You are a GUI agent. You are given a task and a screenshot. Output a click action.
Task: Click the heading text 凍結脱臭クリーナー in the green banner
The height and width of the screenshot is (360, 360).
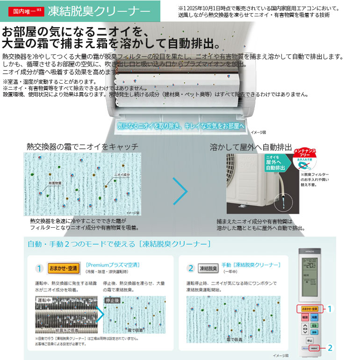(x=95, y=11)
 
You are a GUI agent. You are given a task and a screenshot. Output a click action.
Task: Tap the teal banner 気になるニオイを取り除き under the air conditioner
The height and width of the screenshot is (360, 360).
(x=180, y=126)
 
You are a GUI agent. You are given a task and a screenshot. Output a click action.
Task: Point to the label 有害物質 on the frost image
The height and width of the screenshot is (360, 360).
(x=55, y=184)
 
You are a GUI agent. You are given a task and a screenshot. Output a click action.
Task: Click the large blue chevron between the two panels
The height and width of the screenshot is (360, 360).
(x=180, y=191)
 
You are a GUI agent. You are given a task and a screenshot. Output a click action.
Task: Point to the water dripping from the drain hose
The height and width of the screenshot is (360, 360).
(x=284, y=204)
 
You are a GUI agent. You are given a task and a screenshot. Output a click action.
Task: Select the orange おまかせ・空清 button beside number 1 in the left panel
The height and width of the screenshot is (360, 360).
(x=64, y=268)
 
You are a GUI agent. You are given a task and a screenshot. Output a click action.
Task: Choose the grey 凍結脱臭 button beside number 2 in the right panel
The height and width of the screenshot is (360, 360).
(x=209, y=268)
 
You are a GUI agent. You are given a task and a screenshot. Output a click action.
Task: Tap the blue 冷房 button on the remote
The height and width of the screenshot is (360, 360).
(x=315, y=317)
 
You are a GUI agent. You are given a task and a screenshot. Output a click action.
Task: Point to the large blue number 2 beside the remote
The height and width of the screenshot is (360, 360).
(x=330, y=348)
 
